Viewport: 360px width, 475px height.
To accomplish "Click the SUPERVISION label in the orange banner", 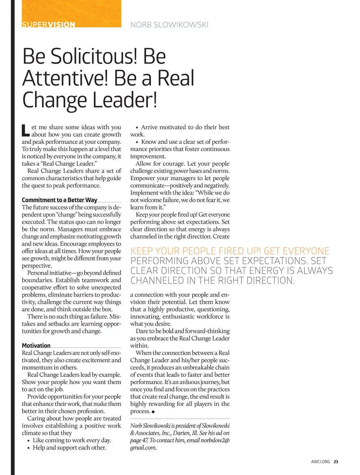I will pos(48,24).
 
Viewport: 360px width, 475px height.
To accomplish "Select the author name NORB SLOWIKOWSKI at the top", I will pos(169,25).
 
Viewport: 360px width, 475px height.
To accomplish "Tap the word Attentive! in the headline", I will pos(65,78).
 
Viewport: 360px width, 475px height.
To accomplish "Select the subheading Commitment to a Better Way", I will pos(59,200).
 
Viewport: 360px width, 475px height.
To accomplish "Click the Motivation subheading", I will pos(36,345).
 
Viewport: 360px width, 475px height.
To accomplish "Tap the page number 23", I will pos(336,462).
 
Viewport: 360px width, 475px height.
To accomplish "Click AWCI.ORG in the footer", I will pos(320,462).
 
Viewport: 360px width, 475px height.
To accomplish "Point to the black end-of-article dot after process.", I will pos(153,412).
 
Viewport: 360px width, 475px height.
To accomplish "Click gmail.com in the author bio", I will pos(143,448).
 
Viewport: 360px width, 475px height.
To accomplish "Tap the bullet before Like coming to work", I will pos(28,441).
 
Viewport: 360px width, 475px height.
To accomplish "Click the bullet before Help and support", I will pos(28,448).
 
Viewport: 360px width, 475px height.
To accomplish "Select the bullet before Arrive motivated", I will pos(137,128).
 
